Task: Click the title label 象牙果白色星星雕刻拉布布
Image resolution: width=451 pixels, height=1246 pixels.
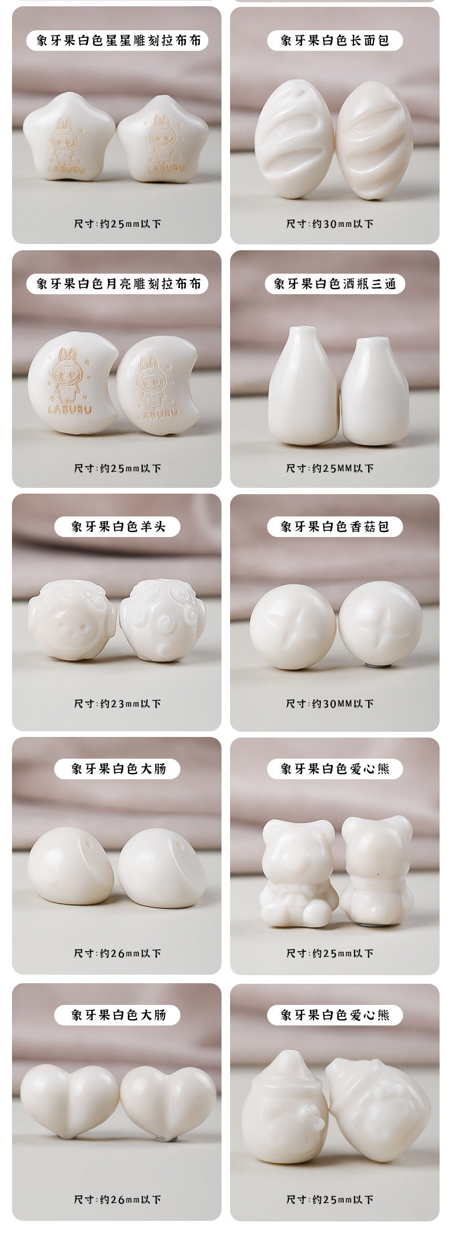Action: (117, 41)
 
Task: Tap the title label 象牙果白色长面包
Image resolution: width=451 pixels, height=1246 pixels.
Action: (335, 41)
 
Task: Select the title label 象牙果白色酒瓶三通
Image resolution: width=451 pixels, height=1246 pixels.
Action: (335, 284)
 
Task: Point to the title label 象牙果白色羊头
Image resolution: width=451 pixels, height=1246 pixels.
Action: (117, 526)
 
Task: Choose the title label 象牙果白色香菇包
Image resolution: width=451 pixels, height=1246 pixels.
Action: (335, 526)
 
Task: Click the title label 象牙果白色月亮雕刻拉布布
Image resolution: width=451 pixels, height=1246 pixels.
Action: (117, 284)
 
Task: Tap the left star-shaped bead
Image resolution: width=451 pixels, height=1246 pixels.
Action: (68, 140)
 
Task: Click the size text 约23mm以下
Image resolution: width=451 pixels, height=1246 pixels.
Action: (118, 703)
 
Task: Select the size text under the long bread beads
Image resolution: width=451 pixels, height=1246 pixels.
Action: (330, 223)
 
